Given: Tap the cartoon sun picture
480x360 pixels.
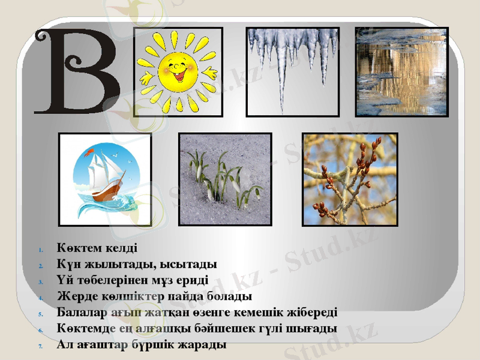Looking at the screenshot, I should click(x=178, y=71).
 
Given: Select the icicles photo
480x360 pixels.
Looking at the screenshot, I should click(x=293, y=71).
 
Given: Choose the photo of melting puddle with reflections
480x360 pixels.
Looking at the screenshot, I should click(x=401, y=71).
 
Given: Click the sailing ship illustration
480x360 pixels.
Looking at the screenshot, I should click(x=104, y=179).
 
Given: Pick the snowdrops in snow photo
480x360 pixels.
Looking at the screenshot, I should click(x=225, y=179).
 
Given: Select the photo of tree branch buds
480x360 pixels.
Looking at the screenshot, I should click(x=350, y=179).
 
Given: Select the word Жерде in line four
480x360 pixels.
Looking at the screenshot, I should click(x=74, y=296).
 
